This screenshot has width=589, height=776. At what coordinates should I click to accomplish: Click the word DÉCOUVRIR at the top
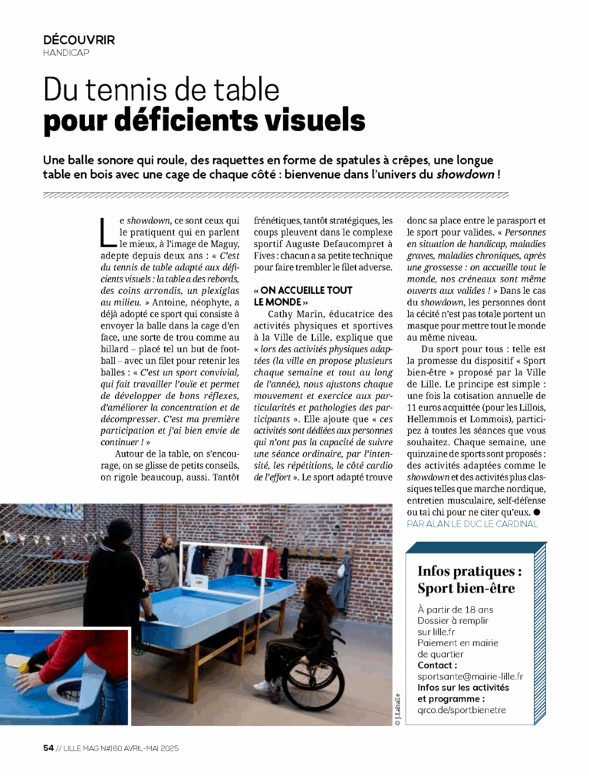pyautogui.click(x=79, y=40)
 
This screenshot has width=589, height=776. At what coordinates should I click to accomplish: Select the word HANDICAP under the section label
pyautogui.click(x=67, y=53)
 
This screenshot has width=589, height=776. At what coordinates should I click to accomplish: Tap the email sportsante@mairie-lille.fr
pyautogui.click(x=470, y=676)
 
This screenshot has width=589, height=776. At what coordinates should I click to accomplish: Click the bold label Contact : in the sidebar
pyautogui.click(x=437, y=665)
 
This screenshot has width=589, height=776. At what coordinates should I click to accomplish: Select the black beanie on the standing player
pyautogui.click(x=120, y=528)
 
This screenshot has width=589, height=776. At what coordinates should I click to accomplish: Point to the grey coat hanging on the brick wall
pyautogui.click(x=341, y=583)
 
